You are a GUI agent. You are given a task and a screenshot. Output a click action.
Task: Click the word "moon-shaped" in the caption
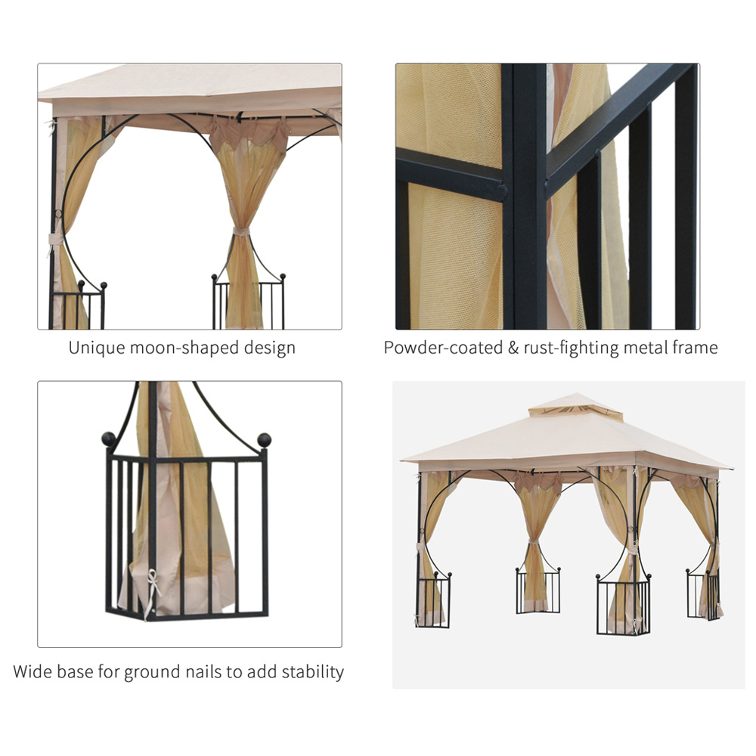180,348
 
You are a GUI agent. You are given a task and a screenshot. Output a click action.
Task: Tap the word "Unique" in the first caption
92,348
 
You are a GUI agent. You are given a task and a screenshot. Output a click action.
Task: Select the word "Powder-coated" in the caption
443,348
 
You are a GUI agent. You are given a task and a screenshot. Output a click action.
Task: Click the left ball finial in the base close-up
109,439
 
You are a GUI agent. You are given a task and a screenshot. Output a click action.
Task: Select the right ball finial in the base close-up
264,440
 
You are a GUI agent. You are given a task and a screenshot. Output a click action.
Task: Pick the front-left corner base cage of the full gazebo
432,600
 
